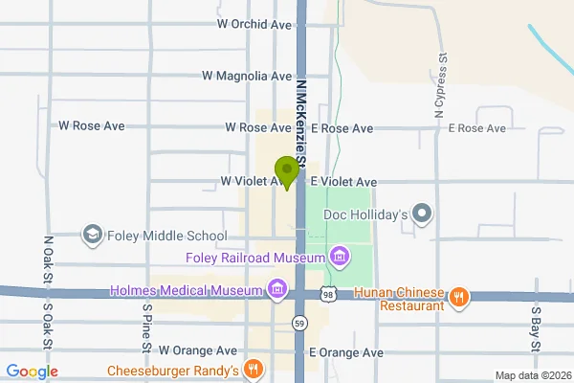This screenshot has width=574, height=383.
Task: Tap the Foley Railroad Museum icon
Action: pos(338,256)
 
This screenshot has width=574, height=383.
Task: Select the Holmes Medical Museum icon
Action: pos(277,289)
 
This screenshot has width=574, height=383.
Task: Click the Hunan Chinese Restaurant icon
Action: pos(459,296)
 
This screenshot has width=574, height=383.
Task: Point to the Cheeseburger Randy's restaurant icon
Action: pos(253,369)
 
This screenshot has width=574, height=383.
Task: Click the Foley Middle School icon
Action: pos(92,235)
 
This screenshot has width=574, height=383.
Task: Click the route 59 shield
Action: pos(300,322)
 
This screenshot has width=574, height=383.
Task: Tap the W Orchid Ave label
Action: pos(254,23)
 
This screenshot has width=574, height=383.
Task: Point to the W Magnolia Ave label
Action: pos(247,76)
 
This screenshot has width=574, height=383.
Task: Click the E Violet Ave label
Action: pos(342,181)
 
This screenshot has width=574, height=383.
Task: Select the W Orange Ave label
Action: pos(197,351)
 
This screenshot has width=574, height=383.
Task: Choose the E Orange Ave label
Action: pos(346,352)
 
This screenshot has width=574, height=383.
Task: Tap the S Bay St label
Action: pos(536,328)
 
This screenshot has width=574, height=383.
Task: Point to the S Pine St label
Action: pos(147,326)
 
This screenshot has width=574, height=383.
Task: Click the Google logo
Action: pos(32,372)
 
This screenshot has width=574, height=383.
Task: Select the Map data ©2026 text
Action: pos(531,374)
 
